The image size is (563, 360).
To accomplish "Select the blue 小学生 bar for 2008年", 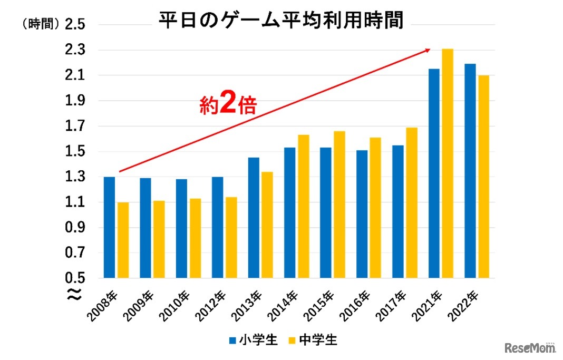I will tap(109, 227).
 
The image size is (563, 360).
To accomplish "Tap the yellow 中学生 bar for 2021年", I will tap(448, 163).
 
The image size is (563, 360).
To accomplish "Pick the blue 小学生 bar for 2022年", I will tap(470, 171).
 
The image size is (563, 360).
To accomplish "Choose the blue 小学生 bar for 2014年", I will tap(289, 212).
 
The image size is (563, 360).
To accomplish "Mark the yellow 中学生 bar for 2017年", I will tap(411, 202).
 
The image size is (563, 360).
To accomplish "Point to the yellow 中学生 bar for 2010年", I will tap(195, 238).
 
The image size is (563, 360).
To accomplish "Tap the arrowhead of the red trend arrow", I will tap(427, 50).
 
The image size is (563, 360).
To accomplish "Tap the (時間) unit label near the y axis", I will tap(40, 24).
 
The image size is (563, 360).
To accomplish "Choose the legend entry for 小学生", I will tap(253, 340).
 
